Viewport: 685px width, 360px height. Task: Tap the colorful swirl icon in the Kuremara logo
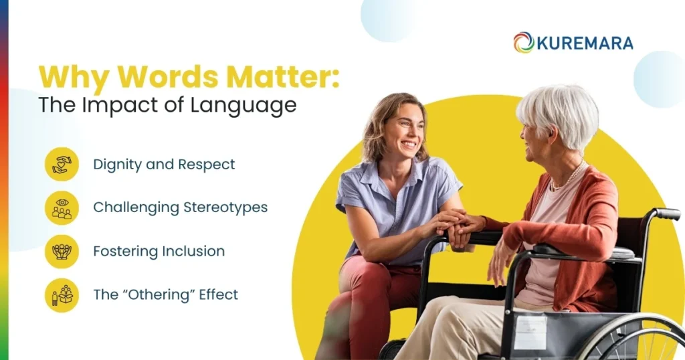tap(523, 43)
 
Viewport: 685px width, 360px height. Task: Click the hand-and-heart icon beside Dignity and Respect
tap(62, 165)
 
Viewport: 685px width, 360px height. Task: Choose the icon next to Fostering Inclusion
tap(62, 252)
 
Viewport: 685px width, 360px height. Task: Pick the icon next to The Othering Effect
tap(62, 295)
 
